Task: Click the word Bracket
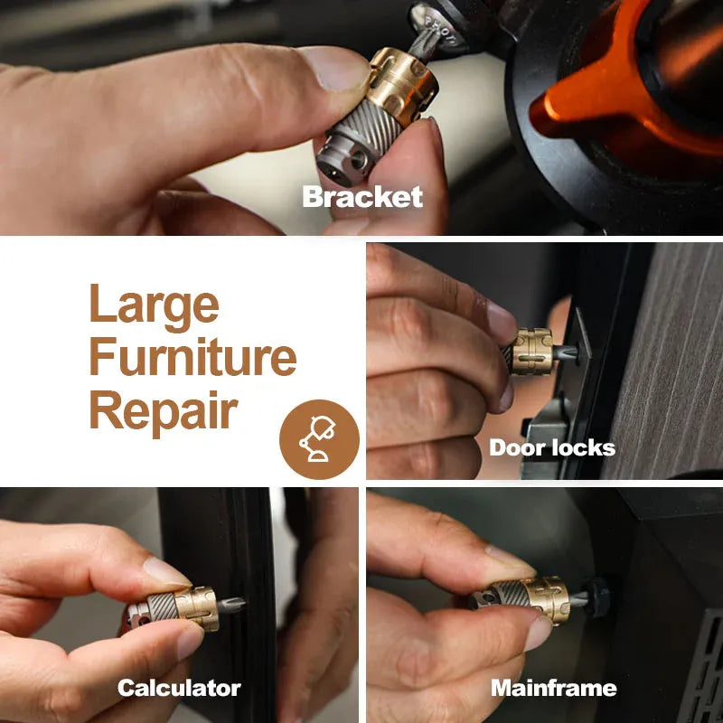coord(362,197)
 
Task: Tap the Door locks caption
coord(552,447)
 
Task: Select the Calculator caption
coord(179,688)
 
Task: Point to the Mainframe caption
coord(554,688)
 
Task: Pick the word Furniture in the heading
coord(192,356)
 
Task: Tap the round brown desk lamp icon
coord(319,439)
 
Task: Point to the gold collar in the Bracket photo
coord(402,85)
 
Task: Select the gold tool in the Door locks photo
coord(531,352)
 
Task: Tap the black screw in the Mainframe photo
coord(597,597)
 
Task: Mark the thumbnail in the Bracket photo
coord(334,70)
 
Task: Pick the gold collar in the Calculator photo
coord(197,607)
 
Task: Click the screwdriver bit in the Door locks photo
coord(564,352)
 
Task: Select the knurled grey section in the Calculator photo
coord(163,606)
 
